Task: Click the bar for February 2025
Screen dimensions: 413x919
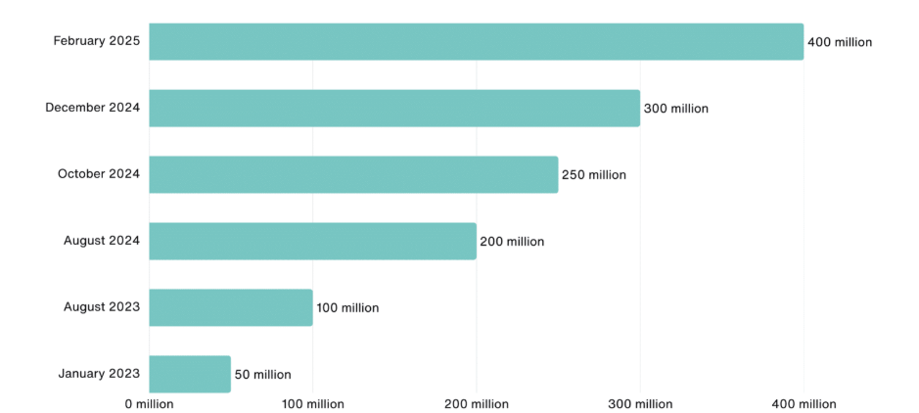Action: tap(476, 42)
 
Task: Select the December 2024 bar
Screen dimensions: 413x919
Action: tap(394, 109)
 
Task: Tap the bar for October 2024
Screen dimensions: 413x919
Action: tap(353, 174)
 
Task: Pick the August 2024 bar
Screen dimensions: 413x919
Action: tap(312, 241)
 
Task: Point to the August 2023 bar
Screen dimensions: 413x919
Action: tap(231, 307)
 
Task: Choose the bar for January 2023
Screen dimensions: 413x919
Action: tap(190, 374)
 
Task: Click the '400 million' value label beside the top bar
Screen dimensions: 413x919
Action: tap(839, 42)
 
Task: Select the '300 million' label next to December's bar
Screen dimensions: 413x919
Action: tap(675, 109)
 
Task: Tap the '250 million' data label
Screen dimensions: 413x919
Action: tap(593, 175)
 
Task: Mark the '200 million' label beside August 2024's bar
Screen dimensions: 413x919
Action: tap(512, 242)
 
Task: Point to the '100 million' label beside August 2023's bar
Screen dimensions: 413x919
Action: tap(347, 308)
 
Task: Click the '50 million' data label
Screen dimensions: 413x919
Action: tap(262, 375)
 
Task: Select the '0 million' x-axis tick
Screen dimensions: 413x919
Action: tap(149, 404)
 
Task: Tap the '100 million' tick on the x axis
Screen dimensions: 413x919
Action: tap(312, 404)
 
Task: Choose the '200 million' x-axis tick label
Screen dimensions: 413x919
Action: tap(476, 404)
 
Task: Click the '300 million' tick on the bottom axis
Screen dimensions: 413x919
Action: tap(640, 404)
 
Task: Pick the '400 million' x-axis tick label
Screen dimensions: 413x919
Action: tap(804, 404)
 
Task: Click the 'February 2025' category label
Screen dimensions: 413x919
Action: tap(97, 41)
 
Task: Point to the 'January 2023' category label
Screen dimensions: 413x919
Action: tap(99, 373)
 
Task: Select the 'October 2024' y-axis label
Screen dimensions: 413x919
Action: tap(99, 174)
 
